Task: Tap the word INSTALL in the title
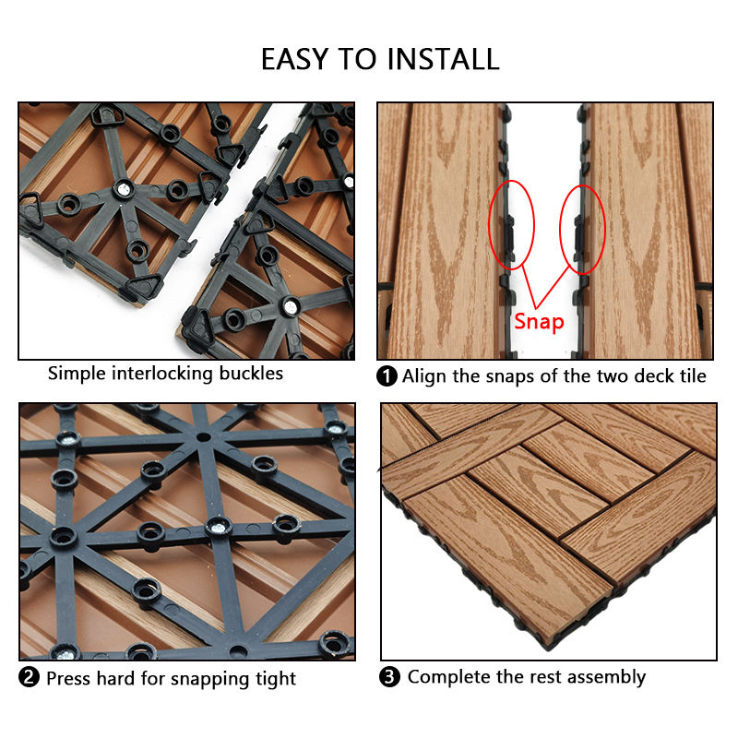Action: coord(443,59)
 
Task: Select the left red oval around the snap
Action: coord(490,226)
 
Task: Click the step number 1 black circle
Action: coord(387,376)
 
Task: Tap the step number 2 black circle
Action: coord(29,677)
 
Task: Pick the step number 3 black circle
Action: coord(389,676)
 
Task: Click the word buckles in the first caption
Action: coord(251,374)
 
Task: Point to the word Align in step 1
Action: coord(423,377)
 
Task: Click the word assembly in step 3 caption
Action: coord(606,678)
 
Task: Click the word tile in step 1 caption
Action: coord(694,376)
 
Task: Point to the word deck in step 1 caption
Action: coord(655,376)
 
